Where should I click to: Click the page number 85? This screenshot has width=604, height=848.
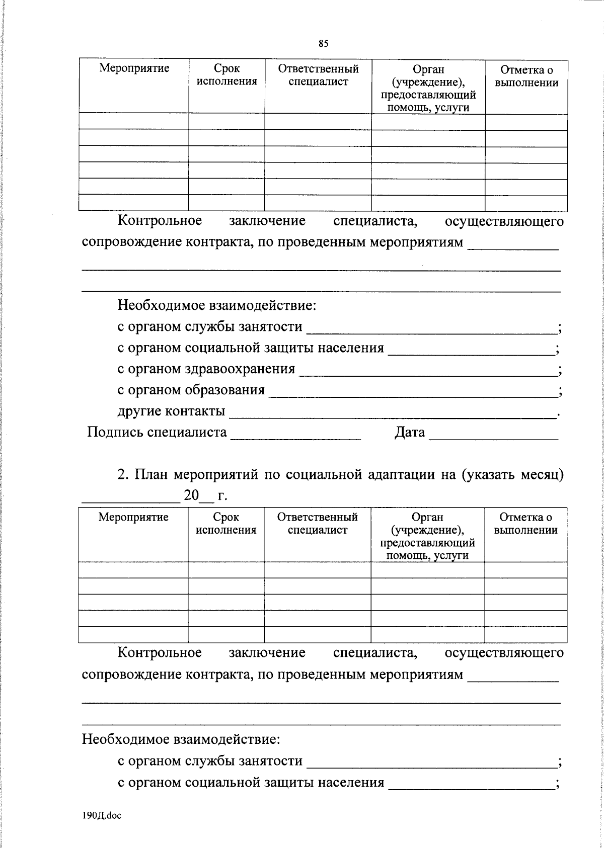tap(323, 44)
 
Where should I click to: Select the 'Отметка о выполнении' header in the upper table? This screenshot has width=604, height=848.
tap(526, 76)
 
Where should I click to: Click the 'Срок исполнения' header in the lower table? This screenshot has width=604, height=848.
tap(226, 523)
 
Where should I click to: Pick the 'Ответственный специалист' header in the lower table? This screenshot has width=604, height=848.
tap(317, 523)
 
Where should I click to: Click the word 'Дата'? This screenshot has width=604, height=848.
tap(409, 432)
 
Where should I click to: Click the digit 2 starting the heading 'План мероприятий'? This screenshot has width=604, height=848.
tap(120, 474)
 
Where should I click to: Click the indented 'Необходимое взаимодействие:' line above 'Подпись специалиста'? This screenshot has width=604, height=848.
tap(217, 305)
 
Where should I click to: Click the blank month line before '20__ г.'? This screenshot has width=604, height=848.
tap(123, 498)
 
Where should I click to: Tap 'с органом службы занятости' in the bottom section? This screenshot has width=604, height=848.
tap(210, 761)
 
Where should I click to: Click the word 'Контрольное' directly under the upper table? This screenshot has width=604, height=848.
tap(160, 221)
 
